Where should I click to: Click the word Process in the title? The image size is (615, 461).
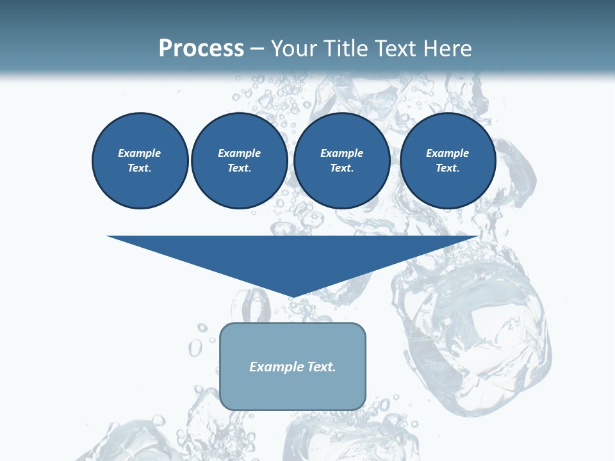[x=201, y=49]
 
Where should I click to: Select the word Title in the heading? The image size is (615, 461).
[x=347, y=49]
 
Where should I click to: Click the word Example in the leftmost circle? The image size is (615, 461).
[x=140, y=153]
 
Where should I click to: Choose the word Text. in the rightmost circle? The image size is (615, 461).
[x=447, y=168]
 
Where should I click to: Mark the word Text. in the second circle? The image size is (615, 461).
[x=239, y=168]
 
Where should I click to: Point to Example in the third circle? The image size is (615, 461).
[x=341, y=153]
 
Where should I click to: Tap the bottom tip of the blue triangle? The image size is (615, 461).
[x=293, y=295]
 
